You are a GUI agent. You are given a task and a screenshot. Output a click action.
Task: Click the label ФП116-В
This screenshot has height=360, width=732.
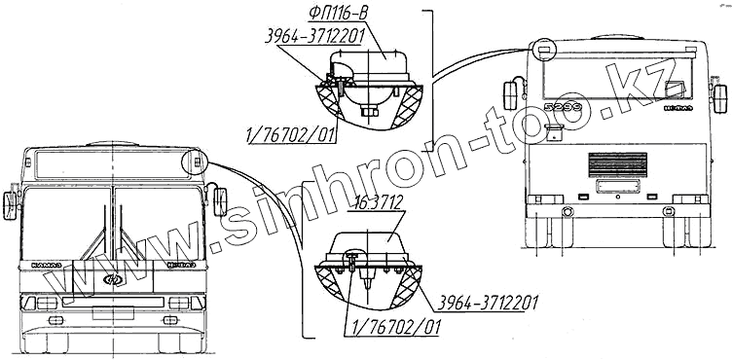339,13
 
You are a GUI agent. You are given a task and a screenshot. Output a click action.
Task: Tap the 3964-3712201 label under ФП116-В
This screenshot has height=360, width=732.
313,36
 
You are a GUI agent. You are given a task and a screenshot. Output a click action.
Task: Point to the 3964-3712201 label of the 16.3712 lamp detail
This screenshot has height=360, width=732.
489,302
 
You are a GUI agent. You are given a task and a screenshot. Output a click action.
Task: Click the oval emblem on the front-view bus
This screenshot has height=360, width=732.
113,279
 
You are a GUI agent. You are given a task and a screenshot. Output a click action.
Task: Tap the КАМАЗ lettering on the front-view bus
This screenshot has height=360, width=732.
46,266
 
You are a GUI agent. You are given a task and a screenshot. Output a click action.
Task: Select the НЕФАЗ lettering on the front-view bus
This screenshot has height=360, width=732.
182,266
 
